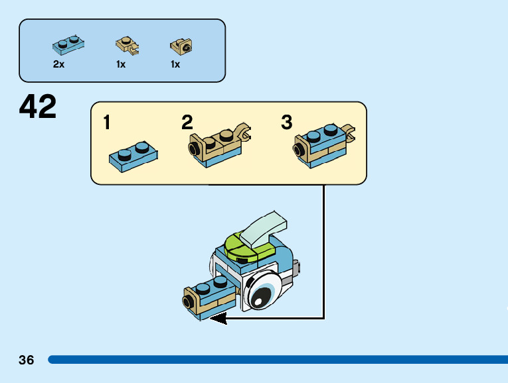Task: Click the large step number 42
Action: (38, 107)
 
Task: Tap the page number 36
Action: (27, 360)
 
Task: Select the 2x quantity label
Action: (58, 64)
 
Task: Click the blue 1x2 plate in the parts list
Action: (68, 44)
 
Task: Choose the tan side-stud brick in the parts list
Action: (181, 46)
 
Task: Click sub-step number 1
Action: (107, 123)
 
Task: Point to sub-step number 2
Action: (187, 123)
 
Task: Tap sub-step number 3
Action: (286, 123)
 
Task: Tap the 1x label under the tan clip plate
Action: (121, 64)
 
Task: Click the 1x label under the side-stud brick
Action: (175, 64)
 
